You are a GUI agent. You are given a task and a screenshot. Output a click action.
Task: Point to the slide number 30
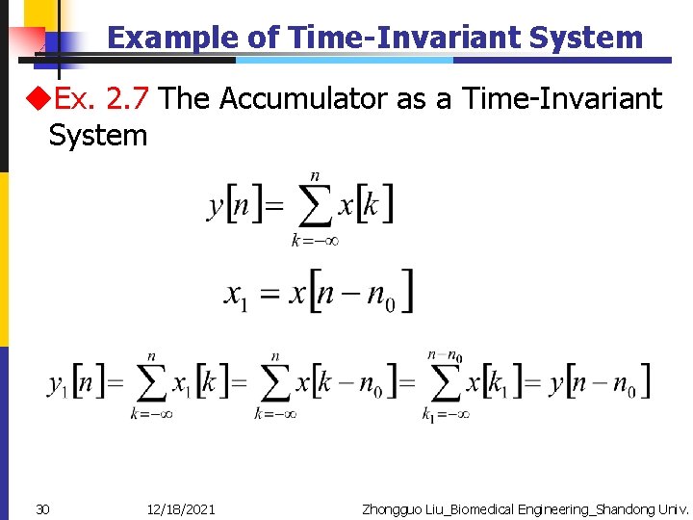pos(43,508)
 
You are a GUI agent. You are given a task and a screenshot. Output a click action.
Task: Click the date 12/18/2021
pos(182,508)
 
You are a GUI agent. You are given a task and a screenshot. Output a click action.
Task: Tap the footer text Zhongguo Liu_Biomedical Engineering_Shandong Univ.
pos(525,508)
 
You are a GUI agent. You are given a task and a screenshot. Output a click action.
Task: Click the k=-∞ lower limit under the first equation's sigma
pos(315,241)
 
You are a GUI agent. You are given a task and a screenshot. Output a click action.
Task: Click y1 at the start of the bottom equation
pos(57,383)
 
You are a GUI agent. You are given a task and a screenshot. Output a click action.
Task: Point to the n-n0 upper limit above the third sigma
pos(445,357)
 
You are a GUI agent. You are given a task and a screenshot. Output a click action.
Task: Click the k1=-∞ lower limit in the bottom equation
pos(446,415)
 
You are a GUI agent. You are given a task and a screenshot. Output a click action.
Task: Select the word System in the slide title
pos(584,38)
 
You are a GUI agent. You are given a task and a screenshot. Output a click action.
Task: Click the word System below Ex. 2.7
pos(98,136)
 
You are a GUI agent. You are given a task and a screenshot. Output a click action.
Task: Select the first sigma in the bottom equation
pos(151,385)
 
